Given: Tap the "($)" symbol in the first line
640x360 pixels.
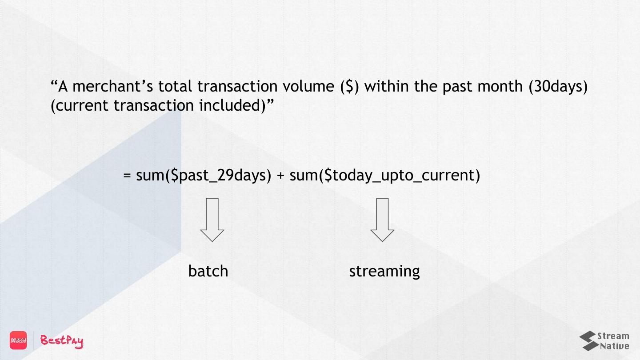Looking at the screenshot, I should [349, 86].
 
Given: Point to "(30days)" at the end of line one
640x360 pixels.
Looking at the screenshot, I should [558, 86].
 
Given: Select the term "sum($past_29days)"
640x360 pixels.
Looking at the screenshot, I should [204, 176].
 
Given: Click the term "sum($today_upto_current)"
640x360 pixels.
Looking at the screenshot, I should [385, 176].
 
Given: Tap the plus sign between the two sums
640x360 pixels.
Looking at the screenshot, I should [280, 176].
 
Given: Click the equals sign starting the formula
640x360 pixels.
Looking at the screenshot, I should [127, 176].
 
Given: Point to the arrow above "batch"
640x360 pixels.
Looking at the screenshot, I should [212, 220].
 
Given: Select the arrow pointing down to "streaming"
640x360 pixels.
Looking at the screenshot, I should [382, 220].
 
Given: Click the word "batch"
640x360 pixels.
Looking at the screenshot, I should [208, 271].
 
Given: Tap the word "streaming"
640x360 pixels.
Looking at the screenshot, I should [384, 271].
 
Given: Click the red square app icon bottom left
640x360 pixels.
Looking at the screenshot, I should [18, 340].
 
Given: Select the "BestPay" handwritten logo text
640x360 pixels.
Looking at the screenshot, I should [62, 340].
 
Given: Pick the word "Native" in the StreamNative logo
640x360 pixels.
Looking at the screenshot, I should [615, 346].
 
